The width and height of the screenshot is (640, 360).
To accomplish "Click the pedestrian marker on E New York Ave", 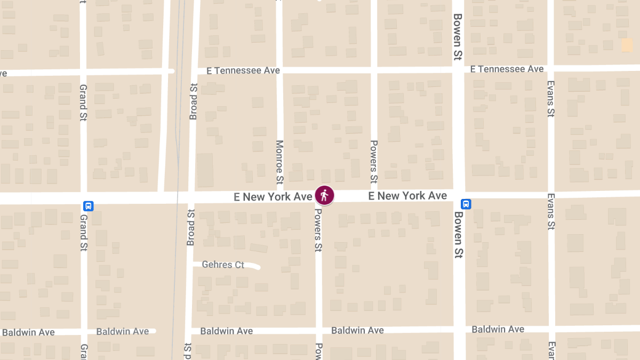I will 324,195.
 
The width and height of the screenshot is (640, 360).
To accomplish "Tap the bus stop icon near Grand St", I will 89,206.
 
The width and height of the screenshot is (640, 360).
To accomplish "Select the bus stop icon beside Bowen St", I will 466,204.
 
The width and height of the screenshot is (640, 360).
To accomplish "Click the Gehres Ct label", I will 223,265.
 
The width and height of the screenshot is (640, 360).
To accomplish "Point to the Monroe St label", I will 279,162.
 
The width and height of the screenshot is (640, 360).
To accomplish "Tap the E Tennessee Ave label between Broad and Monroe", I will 243,70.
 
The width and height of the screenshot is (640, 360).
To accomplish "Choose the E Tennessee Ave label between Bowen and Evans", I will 507,69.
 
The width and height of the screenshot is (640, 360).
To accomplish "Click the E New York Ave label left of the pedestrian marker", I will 273,197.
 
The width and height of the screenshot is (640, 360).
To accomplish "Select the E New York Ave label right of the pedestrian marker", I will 407,196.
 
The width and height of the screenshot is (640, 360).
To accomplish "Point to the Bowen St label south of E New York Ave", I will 458,235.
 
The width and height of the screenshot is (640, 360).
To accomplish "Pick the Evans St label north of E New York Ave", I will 551,98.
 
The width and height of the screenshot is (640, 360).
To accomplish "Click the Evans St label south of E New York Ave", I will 551,212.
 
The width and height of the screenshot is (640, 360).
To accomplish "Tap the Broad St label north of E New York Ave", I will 193,101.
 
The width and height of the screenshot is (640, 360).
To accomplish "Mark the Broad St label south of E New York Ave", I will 190,228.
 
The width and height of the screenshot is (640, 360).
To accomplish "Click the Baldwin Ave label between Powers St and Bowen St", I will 357,330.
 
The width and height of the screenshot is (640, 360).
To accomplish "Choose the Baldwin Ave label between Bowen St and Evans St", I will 498,329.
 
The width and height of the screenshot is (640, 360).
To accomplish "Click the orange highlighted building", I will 627,45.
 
